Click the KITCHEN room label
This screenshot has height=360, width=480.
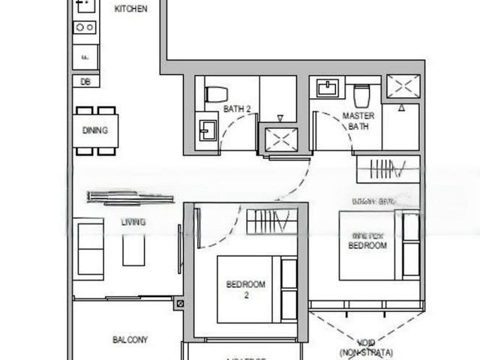coord(130,9)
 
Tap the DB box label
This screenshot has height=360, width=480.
coord(85,81)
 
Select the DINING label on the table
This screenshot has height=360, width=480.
coord(95,130)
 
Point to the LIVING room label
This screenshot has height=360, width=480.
coord(133,222)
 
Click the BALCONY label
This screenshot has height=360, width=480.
coord(130,340)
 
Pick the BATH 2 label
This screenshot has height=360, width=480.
coord(237,109)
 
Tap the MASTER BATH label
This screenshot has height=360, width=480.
coord(358,121)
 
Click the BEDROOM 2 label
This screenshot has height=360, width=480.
coord(246,289)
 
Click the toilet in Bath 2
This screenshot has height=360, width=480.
coord(217,94)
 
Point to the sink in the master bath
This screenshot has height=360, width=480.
coord(328,88)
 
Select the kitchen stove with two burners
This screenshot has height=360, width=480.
coord(84,28)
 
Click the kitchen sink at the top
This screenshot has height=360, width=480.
coord(85,5)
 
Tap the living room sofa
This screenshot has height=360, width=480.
coord(90,247)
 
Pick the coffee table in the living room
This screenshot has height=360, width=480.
coord(133,250)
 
